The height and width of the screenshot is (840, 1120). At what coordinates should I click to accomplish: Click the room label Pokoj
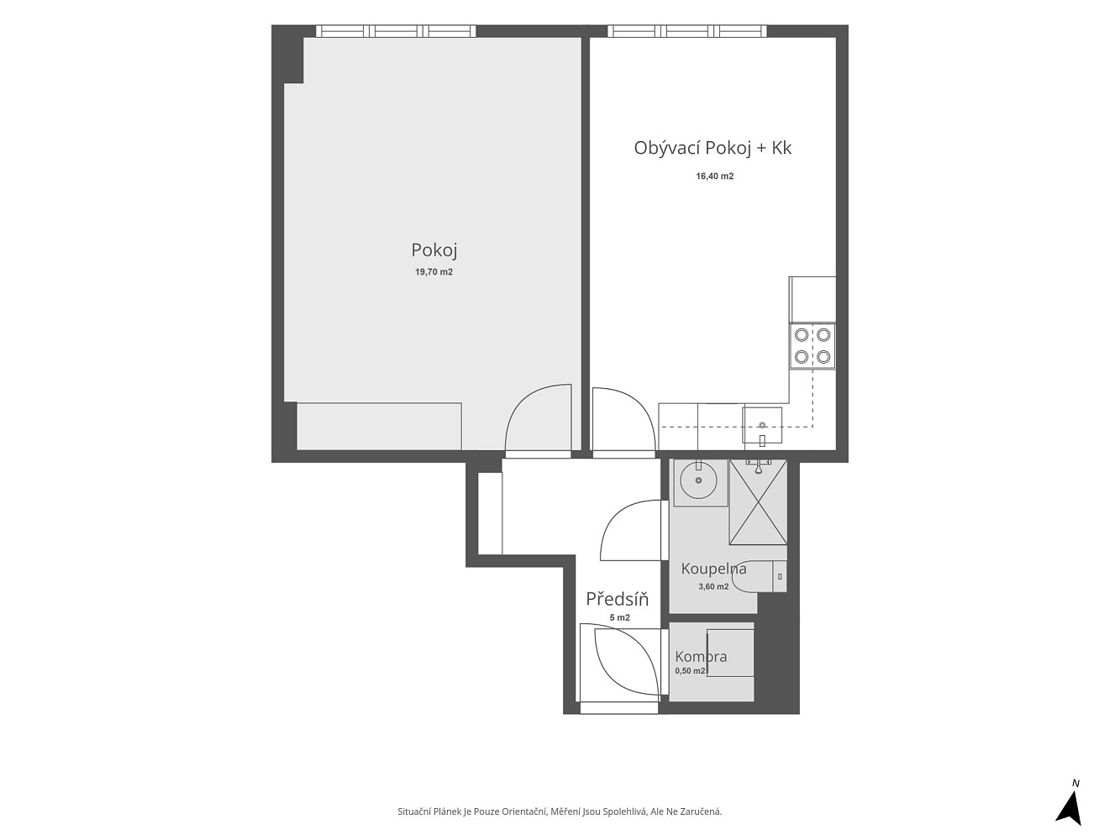click(x=434, y=251)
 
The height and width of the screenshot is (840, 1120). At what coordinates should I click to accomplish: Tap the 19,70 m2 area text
click(x=434, y=272)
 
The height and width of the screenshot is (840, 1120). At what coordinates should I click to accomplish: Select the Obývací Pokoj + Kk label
click(x=712, y=148)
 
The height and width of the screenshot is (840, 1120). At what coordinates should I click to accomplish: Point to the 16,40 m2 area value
click(x=714, y=176)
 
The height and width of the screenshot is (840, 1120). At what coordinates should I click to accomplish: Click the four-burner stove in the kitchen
click(x=812, y=346)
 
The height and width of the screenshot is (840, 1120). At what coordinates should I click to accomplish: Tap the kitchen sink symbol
click(x=762, y=425)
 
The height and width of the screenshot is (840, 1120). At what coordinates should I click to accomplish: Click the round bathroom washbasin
click(x=699, y=480)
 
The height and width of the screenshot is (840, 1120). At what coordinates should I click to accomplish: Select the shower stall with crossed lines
click(x=758, y=501)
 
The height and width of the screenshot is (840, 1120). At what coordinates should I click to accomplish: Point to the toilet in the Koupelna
click(x=760, y=576)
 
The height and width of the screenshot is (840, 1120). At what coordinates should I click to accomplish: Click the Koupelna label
click(x=713, y=569)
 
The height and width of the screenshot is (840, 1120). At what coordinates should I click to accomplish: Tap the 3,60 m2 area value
click(x=713, y=586)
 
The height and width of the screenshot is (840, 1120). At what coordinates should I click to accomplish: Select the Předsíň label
click(x=617, y=599)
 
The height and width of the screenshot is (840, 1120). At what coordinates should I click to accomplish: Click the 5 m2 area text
click(x=619, y=617)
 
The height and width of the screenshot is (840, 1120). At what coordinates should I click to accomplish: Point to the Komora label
click(x=701, y=656)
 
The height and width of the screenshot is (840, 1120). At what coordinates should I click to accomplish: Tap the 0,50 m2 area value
click(x=690, y=670)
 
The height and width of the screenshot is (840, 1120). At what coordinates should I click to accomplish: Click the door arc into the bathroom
click(x=613, y=520)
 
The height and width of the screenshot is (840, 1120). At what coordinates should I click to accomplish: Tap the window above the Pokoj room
click(x=396, y=31)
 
